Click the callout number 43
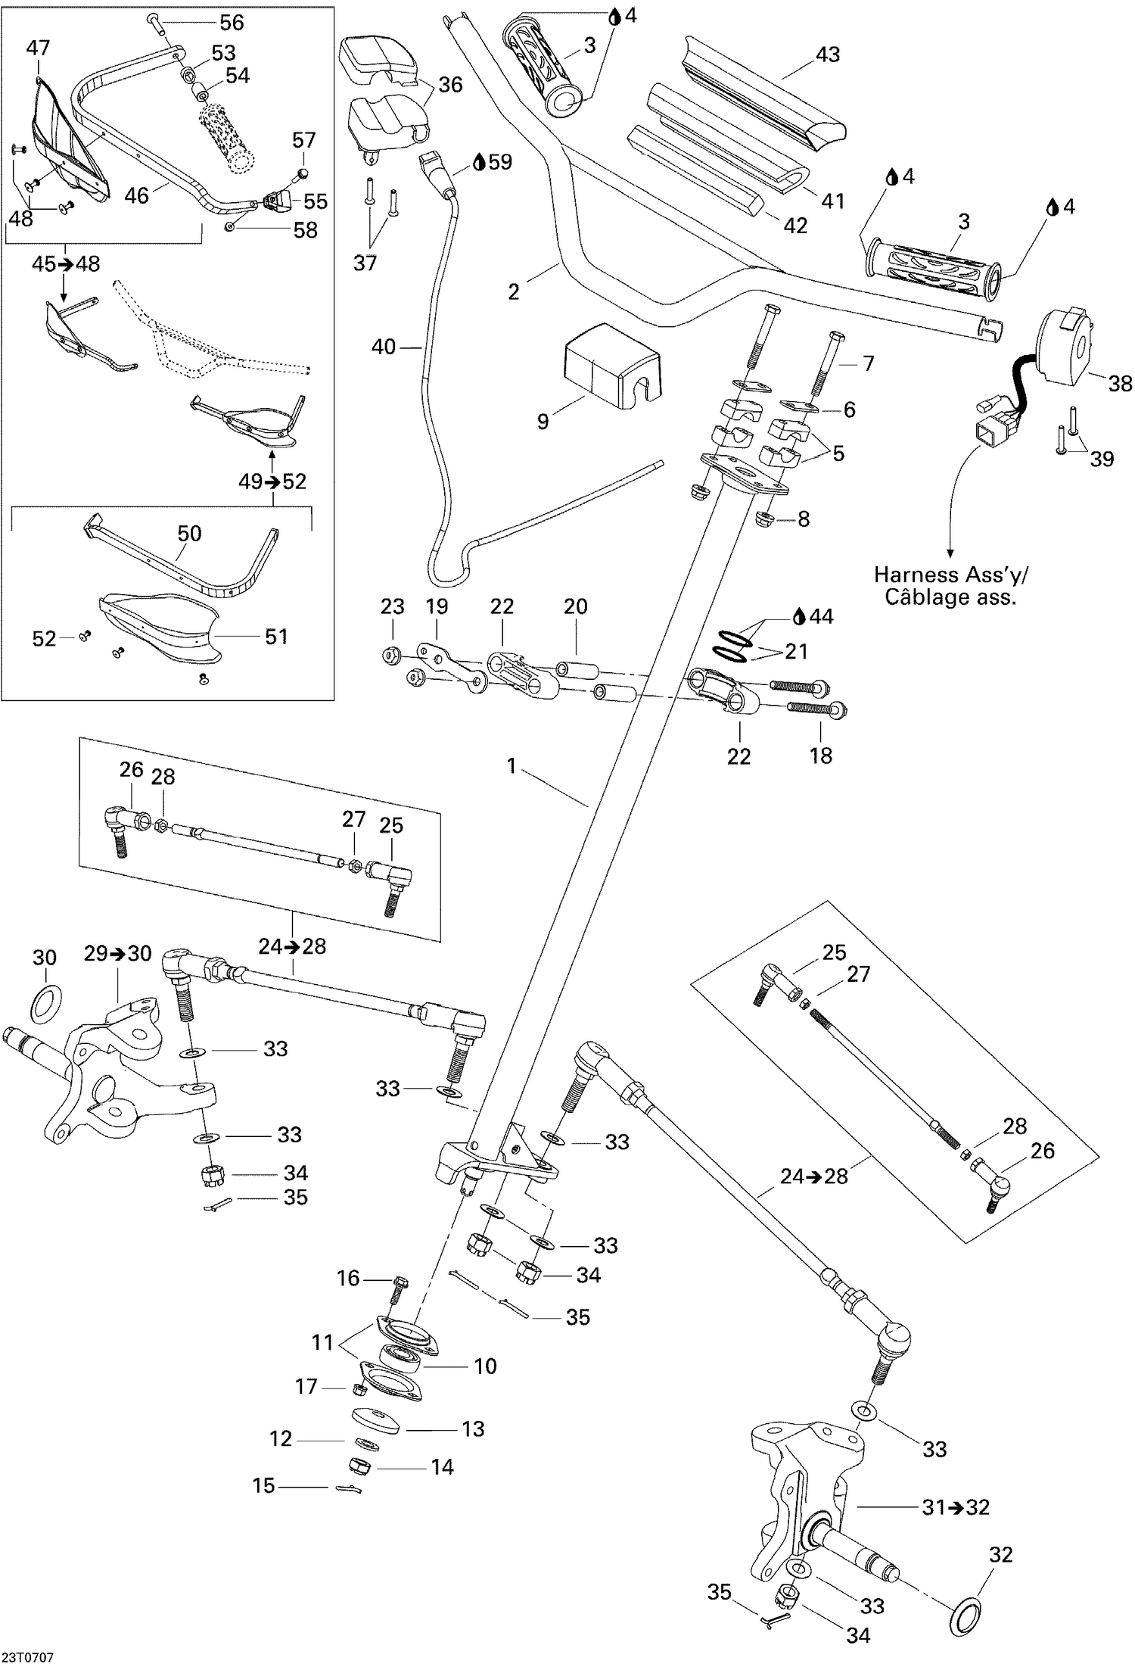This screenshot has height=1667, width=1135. (x=827, y=55)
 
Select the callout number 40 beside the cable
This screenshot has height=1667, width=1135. (x=384, y=347)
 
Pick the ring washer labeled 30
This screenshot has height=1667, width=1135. (x=45, y=1002)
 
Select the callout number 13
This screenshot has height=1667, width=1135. (x=473, y=1429)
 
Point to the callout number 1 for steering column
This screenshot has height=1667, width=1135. (x=512, y=766)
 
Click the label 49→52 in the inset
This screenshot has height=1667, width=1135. (x=272, y=481)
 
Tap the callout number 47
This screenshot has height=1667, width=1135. (x=38, y=48)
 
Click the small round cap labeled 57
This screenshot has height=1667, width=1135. (x=303, y=173)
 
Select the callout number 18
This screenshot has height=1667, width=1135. (x=821, y=756)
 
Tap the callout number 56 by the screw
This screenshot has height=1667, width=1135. (x=231, y=23)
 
